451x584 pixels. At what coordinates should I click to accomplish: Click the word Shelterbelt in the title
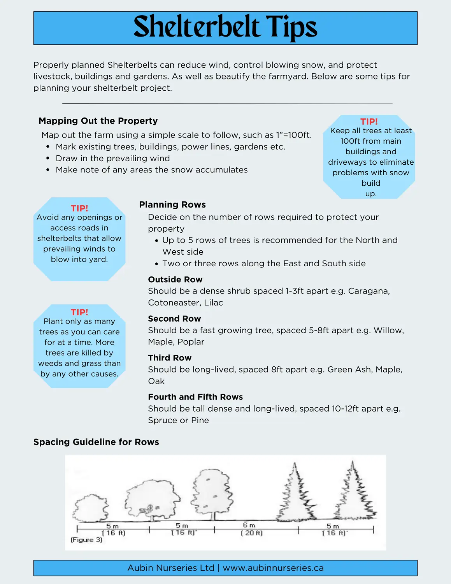tap(197, 27)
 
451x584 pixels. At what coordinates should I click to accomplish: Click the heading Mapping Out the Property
tap(98, 121)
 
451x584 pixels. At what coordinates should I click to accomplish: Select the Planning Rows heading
tap(172, 205)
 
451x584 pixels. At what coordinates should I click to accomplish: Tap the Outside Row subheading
tap(175, 280)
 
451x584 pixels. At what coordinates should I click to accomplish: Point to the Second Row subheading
tap(174, 319)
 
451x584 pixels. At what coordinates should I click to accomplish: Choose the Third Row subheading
tap(170, 358)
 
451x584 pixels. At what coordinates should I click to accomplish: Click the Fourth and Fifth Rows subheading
tap(195, 397)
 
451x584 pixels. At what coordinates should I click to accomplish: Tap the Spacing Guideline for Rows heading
tap(96, 442)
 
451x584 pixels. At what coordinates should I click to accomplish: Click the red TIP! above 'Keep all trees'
tap(369, 121)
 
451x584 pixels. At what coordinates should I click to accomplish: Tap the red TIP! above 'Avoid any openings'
tap(79, 208)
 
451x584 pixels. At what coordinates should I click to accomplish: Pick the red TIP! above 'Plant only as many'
tap(79, 312)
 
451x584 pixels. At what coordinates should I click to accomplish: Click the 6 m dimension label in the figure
tap(249, 526)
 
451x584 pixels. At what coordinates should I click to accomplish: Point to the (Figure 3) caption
tap(86, 540)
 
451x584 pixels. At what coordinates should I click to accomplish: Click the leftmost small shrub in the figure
tap(91, 508)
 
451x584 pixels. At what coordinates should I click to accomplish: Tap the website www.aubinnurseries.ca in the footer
tap(273, 568)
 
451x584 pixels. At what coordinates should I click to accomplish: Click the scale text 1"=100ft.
tap(294, 135)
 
